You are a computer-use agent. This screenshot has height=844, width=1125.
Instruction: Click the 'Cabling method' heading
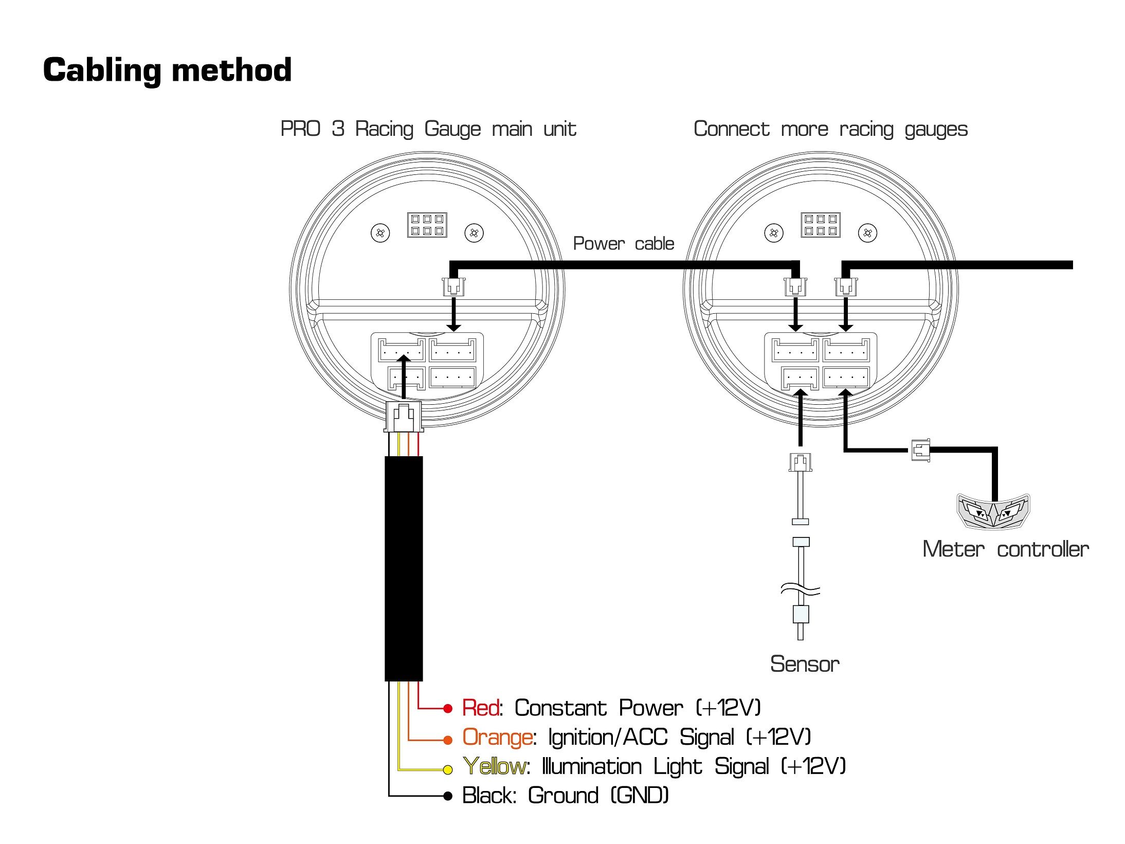click(x=167, y=70)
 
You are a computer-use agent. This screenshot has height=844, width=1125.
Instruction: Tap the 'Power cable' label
click(x=623, y=243)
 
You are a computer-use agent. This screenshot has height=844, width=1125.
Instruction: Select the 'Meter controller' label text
click(x=1005, y=549)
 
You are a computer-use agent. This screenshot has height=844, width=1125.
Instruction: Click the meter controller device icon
click(x=993, y=511)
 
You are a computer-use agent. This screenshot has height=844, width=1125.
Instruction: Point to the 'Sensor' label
click(x=805, y=664)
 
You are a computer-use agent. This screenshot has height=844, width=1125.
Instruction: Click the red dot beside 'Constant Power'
click(x=448, y=709)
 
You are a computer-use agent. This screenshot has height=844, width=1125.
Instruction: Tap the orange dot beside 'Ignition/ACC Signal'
click(x=448, y=740)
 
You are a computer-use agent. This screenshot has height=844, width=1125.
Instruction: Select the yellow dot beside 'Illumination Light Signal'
click(x=448, y=769)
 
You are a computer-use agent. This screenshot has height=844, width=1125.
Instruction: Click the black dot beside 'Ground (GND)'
click(x=448, y=796)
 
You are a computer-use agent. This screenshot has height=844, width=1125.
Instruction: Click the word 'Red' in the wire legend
click(x=480, y=708)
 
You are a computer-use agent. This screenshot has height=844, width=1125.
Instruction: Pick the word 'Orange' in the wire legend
click(x=497, y=738)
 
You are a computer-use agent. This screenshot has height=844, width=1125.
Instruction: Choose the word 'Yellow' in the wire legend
click(x=494, y=767)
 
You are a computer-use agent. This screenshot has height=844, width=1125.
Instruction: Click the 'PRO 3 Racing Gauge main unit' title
click(x=428, y=129)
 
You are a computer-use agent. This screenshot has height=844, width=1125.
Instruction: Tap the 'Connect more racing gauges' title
click(x=830, y=129)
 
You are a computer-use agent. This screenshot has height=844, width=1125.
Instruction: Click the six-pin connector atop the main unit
click(x=427, y=225)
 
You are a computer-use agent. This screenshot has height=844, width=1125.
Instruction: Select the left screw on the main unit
click(x=380, y=233)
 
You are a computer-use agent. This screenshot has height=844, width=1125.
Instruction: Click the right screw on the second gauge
click(x=867, y=233)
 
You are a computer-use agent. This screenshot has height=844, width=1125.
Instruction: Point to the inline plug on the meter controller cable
click(x=920, y=450)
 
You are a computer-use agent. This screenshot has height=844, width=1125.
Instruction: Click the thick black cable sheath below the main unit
click(x=404, y=568)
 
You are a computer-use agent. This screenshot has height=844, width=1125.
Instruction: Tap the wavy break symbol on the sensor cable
click(x=800, y=589)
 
